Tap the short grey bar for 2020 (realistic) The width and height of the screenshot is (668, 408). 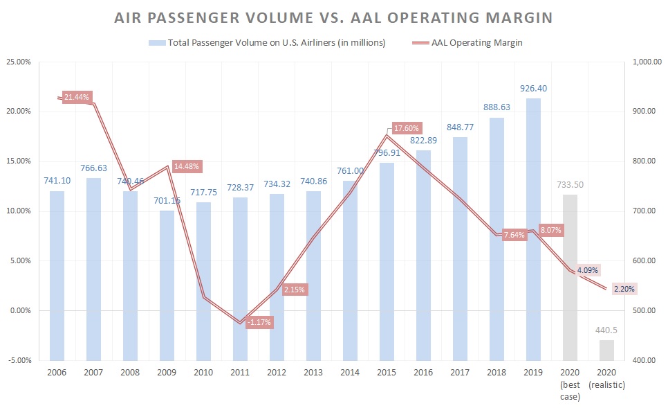(x=606, y=350)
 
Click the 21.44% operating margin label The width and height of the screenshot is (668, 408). (x=77, y=98)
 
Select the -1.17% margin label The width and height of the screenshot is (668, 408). (x=259, y=322)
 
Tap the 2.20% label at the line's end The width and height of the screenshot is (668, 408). (x=624, y=289)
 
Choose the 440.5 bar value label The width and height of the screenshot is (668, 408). (x=606, y=330)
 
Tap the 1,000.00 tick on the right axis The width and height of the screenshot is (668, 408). (x=649, y=62)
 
